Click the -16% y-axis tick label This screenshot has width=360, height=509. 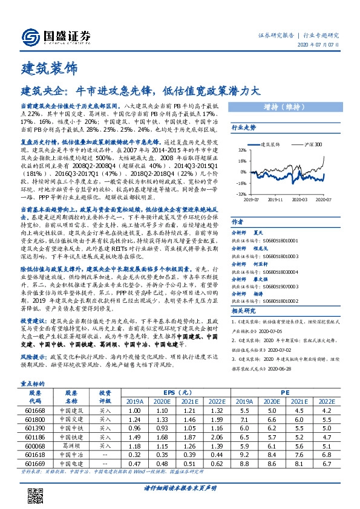(240, 183)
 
